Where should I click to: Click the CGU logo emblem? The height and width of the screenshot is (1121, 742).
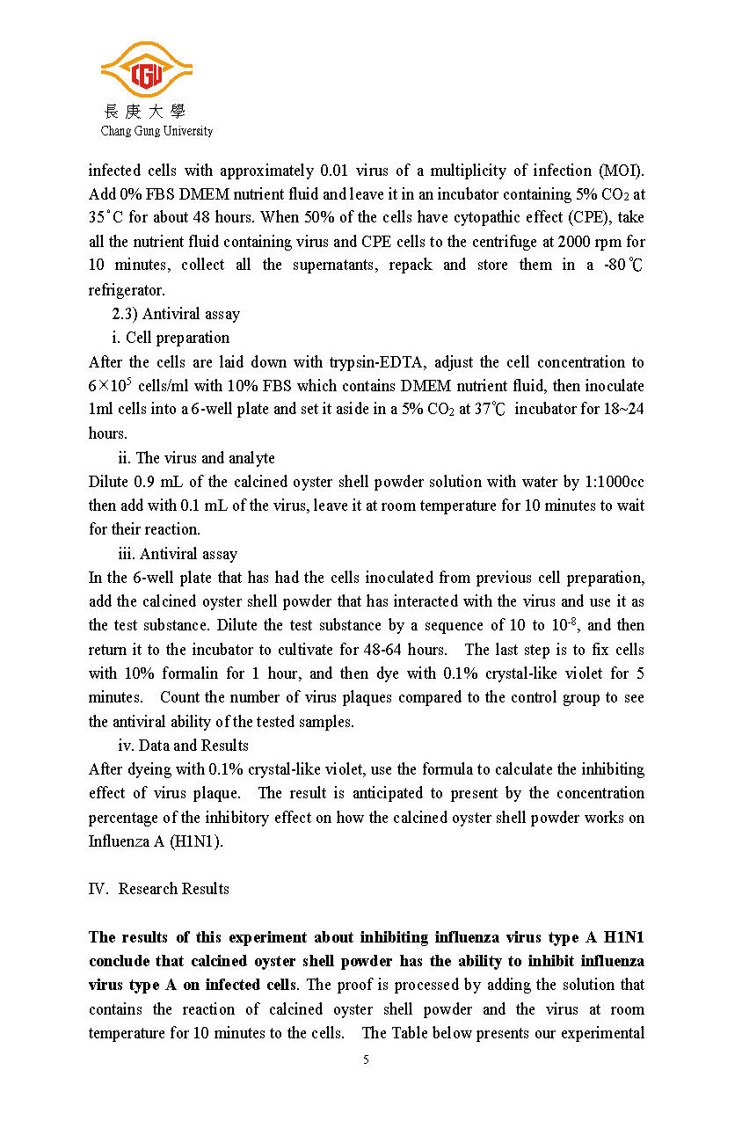click(x=146, y=71)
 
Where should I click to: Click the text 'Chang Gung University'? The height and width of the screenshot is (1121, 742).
click(x=156, y=131)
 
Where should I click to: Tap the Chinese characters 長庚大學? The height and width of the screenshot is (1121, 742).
click(x=145, y=111)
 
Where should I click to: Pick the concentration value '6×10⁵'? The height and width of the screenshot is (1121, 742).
click(x=111, y=385)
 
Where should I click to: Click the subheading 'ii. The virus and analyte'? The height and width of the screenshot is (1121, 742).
click(x=196, y=458)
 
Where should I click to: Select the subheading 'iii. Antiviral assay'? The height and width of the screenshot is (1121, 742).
click(x=178, y=554)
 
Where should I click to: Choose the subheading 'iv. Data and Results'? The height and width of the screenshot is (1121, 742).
click(x=183, y=746)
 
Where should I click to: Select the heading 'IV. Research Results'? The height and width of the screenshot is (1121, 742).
click(x=158, y=889)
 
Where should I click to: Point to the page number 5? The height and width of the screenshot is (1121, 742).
click(x=366, y=1059)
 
